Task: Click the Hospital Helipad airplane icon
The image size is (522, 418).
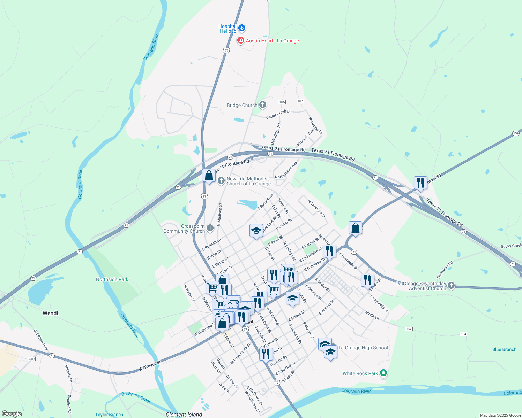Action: (x=242, y=28)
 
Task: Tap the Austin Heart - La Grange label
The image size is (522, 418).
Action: (x=272, y=41)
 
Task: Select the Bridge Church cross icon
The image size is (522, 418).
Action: (x=263, y=105)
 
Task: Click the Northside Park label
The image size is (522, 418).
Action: (x=112, y=279)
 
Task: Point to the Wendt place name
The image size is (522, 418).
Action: (x=51, y=313)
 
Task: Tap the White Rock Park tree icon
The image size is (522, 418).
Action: (x=383, y=373)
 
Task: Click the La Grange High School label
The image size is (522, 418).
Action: (x=363, y=348)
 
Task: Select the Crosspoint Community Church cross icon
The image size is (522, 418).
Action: (x=210, y=228)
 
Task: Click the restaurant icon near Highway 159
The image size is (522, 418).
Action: (x=420, y=183)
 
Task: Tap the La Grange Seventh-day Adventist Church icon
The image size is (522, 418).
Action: (x=451, y=286)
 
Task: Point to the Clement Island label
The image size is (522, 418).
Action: (x=184, y=415)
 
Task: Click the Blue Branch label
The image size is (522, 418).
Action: (x=504, y=349)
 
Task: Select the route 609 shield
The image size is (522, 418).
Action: (x=32, y=359)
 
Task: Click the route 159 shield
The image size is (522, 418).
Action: (x=516, y=133)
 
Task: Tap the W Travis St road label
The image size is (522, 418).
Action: (x=149, y=365)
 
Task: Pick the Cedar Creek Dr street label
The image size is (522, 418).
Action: (x=278, y=114)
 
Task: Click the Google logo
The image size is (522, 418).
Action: (x=12, y=414)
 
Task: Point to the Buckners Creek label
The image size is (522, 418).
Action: (x=136, y=397)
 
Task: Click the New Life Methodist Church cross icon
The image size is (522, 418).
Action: (x=221, y=181)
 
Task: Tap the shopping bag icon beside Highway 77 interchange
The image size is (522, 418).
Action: (x=209, y=176)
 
